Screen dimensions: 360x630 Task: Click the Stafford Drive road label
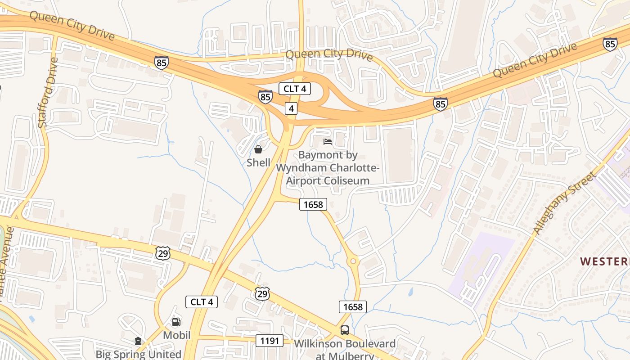tap(49, 92)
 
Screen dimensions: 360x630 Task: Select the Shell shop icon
tap(258, 149)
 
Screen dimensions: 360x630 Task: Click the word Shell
tap(258, 162)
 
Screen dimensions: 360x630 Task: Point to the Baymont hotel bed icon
tap(328, 142)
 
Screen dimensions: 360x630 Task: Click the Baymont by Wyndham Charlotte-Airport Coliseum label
tap(328, 168)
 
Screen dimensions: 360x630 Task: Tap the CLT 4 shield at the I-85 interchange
tap(295, 89)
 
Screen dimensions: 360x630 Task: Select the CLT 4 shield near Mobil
tap(202, 302)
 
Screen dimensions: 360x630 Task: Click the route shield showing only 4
tap(292, 108)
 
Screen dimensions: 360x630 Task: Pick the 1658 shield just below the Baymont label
tap(313, 204)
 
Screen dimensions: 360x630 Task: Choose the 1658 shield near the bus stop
tap(353, 307)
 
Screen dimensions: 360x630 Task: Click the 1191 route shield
tap(270, 341)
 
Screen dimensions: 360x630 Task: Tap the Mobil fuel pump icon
tap(176, 322)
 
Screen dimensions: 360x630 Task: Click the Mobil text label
tap(176, 335)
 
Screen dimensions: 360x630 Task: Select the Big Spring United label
tap(138, 354)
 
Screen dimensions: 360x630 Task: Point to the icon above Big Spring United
tap(138, 342)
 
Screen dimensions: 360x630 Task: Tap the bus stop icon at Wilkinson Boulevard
tap(345, 330)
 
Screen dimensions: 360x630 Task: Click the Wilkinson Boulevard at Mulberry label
tap(345, 350)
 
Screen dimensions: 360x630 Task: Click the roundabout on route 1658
tap(353, 261)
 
